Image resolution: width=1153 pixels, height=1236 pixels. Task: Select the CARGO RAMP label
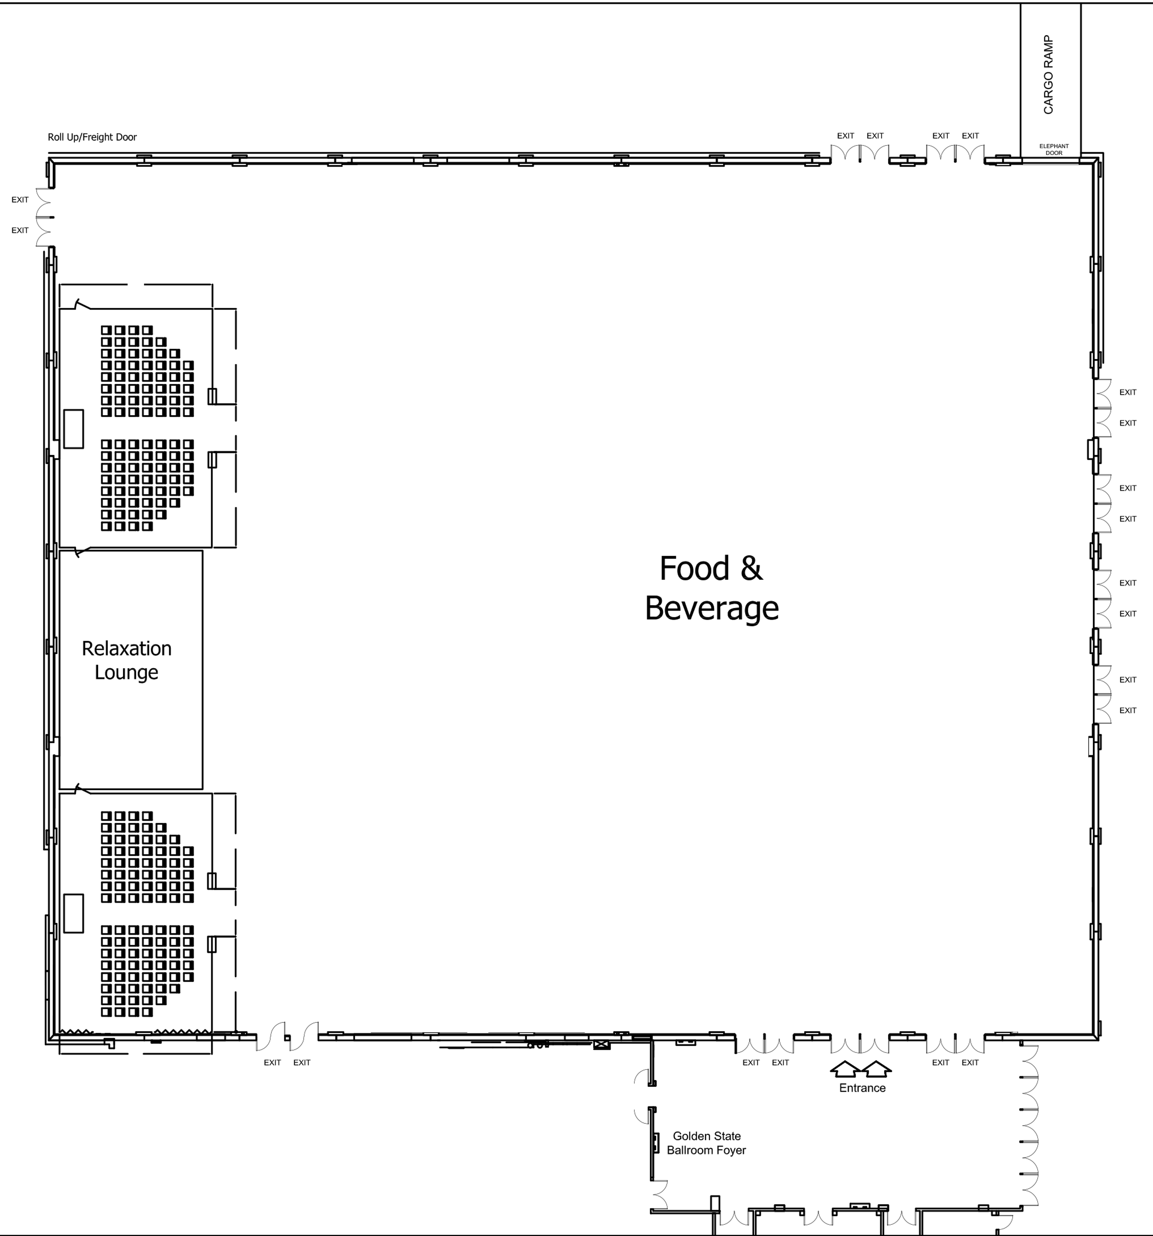1049,75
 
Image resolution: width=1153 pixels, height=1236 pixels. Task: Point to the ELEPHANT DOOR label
1054,149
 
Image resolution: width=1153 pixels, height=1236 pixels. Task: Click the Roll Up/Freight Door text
92,137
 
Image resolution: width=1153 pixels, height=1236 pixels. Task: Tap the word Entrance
862,1087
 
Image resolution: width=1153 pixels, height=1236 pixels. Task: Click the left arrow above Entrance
845,1068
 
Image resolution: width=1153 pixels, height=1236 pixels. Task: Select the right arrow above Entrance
877,1068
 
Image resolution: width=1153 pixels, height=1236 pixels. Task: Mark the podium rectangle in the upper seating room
73,428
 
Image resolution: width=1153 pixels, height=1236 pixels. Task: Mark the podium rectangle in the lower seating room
73,913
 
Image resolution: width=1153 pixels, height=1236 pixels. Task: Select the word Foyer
730,1150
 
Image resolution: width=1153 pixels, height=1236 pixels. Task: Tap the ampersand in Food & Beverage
751,568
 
